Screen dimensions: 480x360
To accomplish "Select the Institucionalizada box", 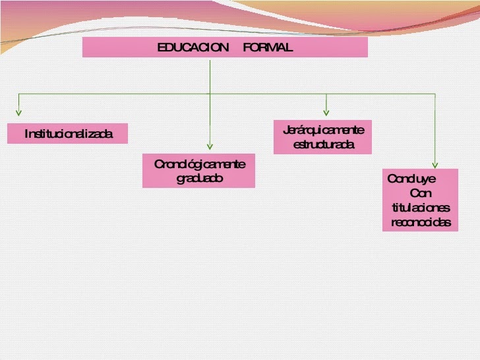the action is [x=68, y=134].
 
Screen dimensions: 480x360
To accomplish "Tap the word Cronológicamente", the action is [x=199, y=164].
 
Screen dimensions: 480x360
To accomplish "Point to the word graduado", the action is [x=199, y=178].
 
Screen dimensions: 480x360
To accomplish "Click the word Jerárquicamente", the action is [x=323, y=130].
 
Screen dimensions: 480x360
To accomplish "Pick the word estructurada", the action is [x=323, y=144].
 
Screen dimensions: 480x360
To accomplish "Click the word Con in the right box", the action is [x=420, y=193].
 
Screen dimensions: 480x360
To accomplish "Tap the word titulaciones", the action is [x=421, y=208].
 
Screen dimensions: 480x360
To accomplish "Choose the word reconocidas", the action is [x=421, y=222].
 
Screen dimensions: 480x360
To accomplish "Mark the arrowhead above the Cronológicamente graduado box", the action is [x=210, y=146].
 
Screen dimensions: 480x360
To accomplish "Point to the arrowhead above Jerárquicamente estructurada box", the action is [x=326, y=112].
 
